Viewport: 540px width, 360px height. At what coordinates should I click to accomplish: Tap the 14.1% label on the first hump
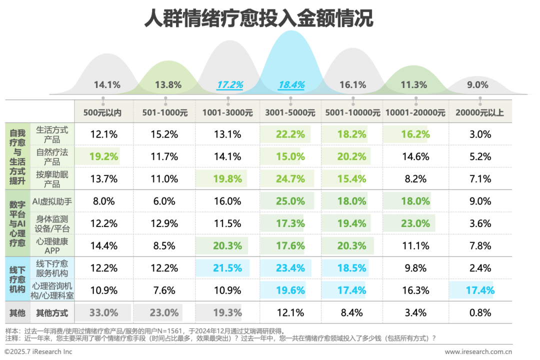pos(107,85)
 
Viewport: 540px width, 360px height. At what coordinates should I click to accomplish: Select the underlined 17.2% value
pos(229,85)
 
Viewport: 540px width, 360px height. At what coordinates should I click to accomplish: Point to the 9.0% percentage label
pos(477,85)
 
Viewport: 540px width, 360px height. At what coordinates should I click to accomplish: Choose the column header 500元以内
pos(103,112)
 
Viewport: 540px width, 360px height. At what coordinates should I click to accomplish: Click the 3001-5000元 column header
pos(290,112)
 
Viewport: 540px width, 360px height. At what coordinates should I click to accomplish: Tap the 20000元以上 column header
pos(479,112)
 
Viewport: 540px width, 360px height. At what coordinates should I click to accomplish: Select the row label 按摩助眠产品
pos(52,178)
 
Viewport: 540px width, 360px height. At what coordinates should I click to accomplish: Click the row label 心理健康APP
pos(52,245)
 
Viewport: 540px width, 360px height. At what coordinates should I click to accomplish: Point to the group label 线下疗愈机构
pos(17,279)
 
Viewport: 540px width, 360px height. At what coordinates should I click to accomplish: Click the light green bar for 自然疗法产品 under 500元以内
pos(97,156)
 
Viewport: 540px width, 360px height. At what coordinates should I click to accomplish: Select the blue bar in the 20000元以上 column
pos(471,290)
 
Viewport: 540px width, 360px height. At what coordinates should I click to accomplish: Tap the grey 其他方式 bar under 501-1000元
pos(158,313)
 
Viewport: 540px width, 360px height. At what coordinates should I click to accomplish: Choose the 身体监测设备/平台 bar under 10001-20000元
pos(409,223)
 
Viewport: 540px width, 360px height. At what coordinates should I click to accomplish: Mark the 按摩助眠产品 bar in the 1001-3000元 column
pos(221,178)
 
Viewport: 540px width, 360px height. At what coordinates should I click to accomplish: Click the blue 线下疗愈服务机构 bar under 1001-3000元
pos(222,268)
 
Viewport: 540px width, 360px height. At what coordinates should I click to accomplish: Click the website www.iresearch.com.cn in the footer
pos(478,352)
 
